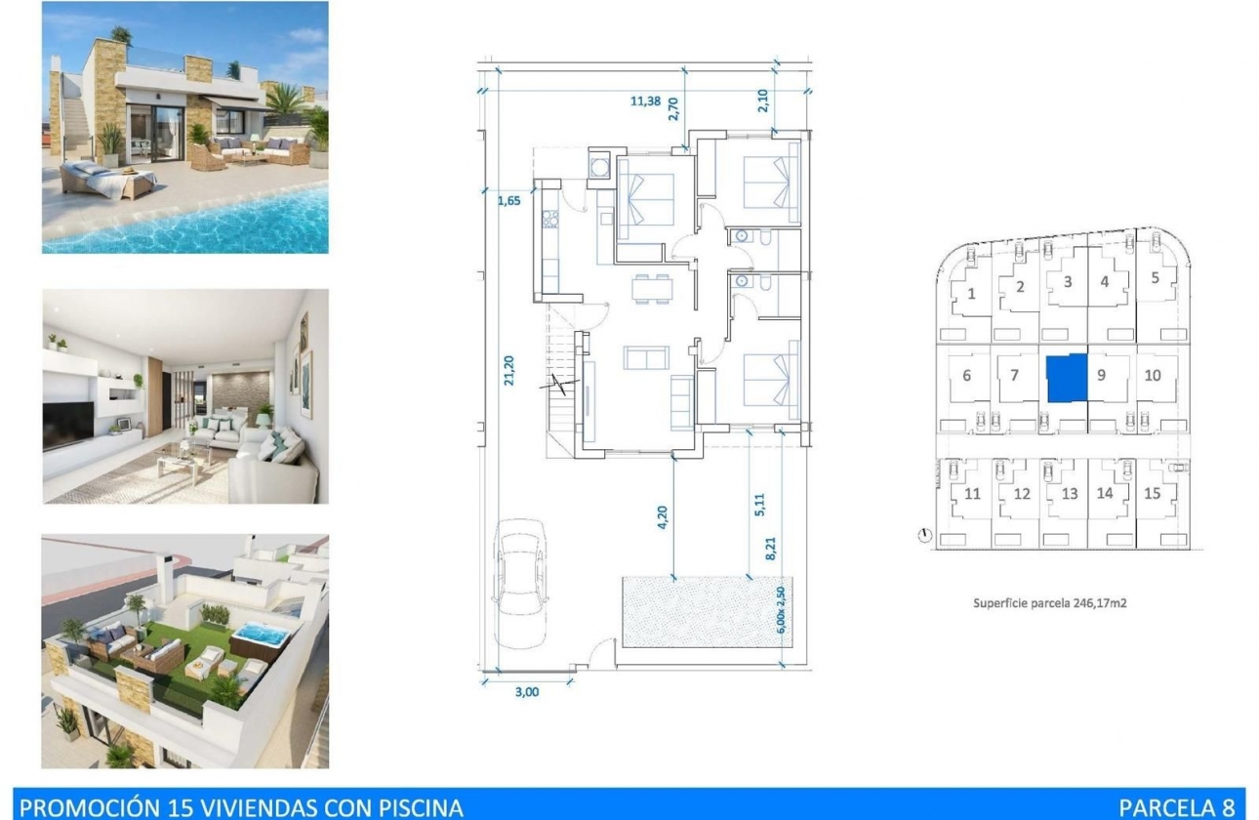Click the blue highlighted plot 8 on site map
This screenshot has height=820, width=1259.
tap(1066, 378)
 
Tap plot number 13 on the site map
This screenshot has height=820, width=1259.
tap(1070, 494)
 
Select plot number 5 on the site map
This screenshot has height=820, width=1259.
tap(1155, 277)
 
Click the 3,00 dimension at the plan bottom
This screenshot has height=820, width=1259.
tap(526, 692)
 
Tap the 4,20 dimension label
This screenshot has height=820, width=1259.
tap(663, 515)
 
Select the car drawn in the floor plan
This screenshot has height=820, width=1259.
tap(519, 582)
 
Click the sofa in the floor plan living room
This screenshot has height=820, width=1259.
tap(646, 358)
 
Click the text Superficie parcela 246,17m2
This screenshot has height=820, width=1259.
tap(1049, 603)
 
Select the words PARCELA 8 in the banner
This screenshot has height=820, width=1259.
tap(1180, 807)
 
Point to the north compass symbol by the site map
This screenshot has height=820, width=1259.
tap(925, 535)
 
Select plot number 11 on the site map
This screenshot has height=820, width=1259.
tap(972, 494)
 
